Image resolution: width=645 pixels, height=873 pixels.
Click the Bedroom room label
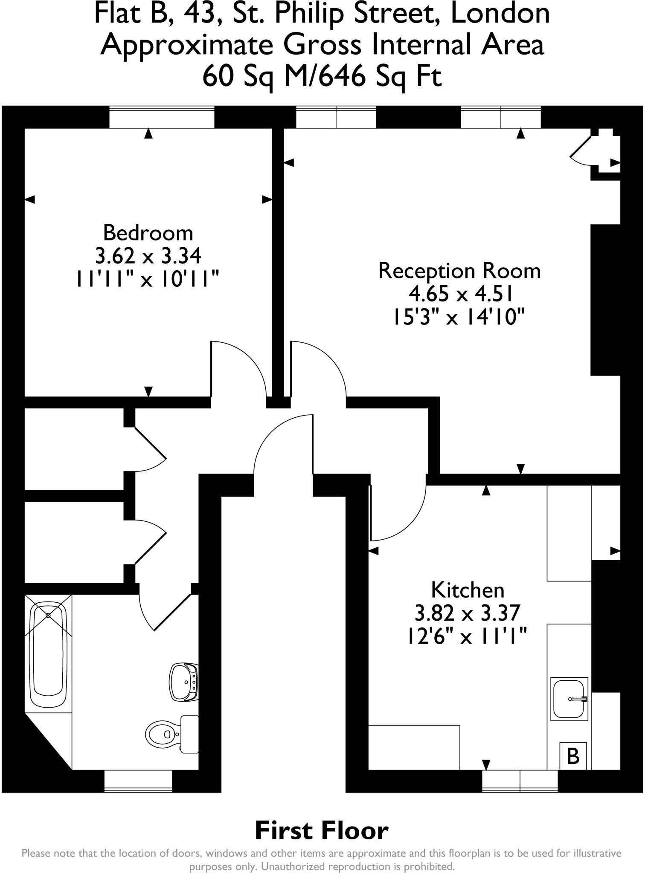(x=148, y=233)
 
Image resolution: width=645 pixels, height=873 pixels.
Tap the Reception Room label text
(x=459, y=271)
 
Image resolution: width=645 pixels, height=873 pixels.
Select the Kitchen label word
(x=468, y=590)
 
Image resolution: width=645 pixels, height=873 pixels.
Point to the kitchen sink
(x=569, y=699)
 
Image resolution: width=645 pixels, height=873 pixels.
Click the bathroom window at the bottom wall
(x=138, y=781)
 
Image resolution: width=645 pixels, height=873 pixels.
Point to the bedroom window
(x=162, y=117)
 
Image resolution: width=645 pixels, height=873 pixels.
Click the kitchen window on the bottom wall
(x=520, y=781)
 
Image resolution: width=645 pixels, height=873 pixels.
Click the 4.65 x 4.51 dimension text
(x=460, y=294)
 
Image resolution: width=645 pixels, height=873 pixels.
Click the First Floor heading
(x=322, y=831)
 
